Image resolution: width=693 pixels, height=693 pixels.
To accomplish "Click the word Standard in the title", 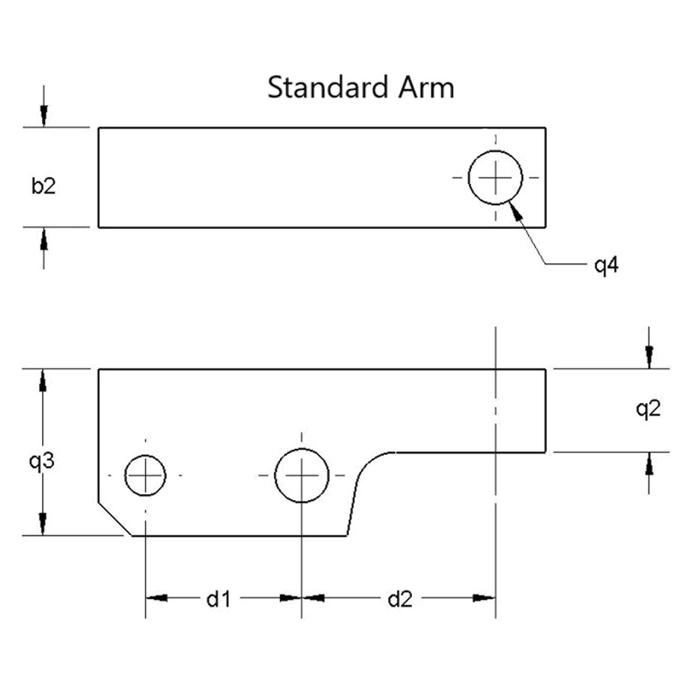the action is [328, 87].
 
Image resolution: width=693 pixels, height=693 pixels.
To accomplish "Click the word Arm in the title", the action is [427, 87].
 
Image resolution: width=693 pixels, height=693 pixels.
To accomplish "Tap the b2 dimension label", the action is [43, 186].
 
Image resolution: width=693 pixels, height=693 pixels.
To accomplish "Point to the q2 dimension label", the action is [649, 409].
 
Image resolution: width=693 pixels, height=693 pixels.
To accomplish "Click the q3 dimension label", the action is [42, 461].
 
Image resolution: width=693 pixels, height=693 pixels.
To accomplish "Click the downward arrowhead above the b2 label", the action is [44, 116].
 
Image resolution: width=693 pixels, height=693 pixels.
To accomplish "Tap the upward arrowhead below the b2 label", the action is [44, 239].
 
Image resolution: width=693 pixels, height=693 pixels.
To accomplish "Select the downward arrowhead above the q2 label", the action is [649, 357].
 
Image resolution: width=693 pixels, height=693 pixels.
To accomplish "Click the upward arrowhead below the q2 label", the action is [649, 463].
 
